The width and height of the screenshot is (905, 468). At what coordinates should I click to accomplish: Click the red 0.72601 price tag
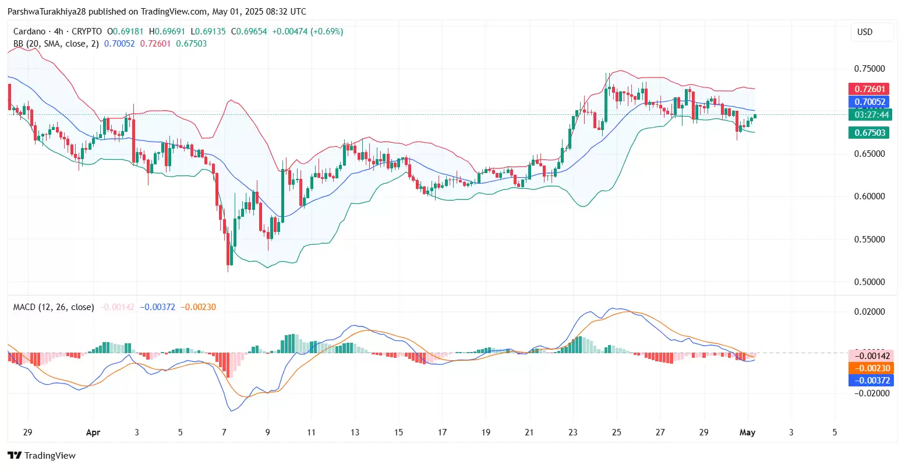[x=869, y=89]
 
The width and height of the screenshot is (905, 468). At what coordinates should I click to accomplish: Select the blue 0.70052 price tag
[x=869, y=102]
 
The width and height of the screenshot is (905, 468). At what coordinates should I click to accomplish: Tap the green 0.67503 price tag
[x=869, y=133]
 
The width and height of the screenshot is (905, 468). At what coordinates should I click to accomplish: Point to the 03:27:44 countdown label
[x=869, y=115]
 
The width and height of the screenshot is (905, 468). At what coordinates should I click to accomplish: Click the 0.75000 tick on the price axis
[x=869, y=69]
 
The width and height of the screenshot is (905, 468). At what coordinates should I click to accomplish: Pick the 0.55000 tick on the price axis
[x=869, y=240]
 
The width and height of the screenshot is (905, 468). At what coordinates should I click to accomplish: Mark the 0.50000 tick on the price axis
[x=869, y=282]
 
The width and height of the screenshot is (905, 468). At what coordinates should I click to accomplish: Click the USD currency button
[x=865, y=32]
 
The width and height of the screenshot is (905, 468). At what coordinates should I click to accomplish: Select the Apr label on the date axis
[x=93, y=432]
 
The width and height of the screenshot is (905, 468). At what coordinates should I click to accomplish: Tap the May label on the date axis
[x=747, y=432]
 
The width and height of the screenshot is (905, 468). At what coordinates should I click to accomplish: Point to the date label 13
[x=355, y=432]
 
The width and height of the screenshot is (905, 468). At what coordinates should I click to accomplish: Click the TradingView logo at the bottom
[x=41, y=455]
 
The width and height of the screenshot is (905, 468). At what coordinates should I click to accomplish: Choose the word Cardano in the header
[x=29, y=31]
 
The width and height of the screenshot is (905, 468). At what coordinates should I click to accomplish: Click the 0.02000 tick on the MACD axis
[x=869, y=312]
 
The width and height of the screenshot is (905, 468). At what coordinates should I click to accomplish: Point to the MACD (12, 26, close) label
[x=54, y=307]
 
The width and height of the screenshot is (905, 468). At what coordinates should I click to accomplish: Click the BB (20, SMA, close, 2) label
[x=56, y=44]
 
